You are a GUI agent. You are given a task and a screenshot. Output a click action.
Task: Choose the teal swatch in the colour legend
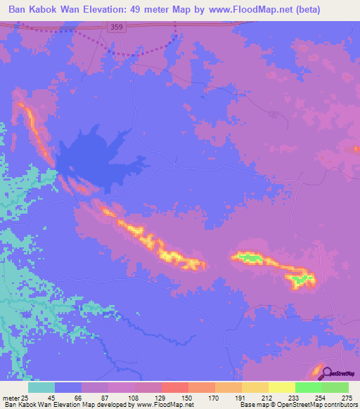pos(41,387)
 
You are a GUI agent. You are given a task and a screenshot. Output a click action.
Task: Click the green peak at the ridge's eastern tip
pos(301,280)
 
